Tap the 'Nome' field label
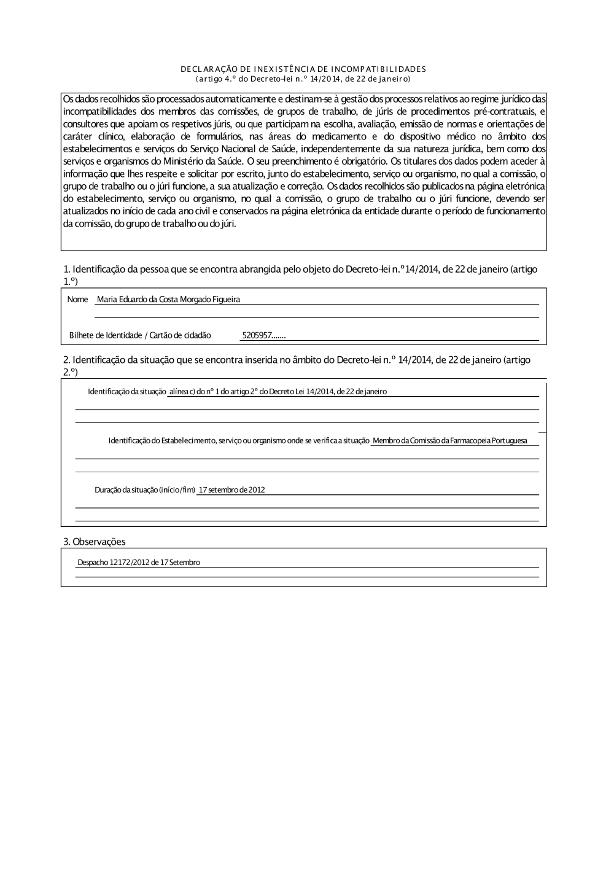point(77,300)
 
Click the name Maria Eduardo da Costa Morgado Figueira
point(168,300)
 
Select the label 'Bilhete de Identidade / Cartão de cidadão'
point(140,335)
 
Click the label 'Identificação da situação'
point(127,392)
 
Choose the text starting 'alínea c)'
point(278,392)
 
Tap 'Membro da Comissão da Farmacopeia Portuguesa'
point(449,441)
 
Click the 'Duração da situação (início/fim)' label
point(145,490)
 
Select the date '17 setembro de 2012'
point(232,490)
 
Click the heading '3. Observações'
point(95,542)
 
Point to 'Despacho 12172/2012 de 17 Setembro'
point(139,563)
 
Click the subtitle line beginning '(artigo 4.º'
point(303,79)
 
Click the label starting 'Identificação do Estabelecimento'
point(239,441)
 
